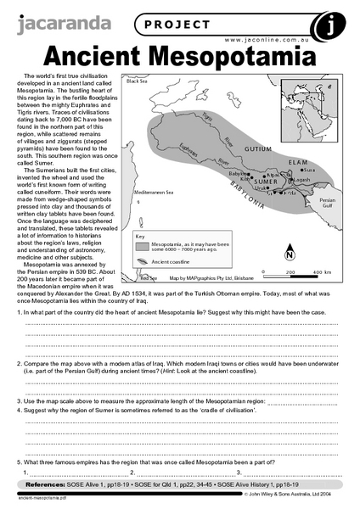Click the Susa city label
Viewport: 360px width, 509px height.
coord(310,170)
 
